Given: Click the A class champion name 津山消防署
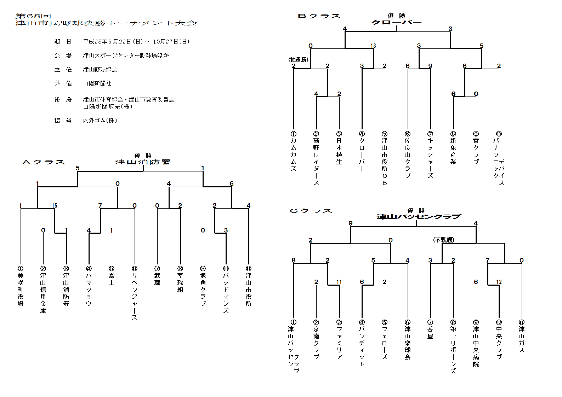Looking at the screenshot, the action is [143, 162].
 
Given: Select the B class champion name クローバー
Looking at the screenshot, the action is [396, 22].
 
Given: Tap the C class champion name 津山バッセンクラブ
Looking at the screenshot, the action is [419, 217].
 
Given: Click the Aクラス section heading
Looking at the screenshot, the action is [44, 162].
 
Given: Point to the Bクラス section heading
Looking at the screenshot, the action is [319, 16].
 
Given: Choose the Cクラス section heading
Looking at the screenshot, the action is [311, 211].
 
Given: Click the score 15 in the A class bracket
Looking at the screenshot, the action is [55, 206].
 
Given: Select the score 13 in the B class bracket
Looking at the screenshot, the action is [373, 46].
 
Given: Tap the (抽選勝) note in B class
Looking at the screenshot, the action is [298, 60].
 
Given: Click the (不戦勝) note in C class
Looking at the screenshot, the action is [444, 240].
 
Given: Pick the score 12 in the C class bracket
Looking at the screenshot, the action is [499, 282].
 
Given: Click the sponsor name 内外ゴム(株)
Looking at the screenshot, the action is [100, 121].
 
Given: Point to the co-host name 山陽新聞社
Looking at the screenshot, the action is [97, 83].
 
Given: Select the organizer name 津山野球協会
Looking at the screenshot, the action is [100, 69].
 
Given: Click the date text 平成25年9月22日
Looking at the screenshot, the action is [108, 42].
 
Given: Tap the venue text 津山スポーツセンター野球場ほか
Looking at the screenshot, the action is [126, 56].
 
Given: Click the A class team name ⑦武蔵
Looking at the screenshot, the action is [157, 276].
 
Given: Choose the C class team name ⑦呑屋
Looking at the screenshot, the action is [430, 329].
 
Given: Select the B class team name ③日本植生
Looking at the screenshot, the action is [339, 148].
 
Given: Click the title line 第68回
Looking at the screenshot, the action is [33, 16].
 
